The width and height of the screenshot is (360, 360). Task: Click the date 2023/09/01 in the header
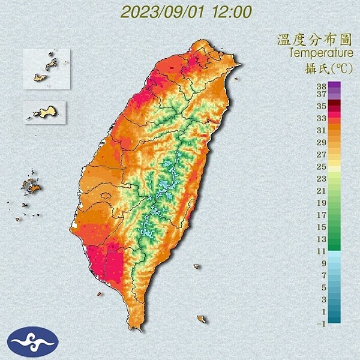165,11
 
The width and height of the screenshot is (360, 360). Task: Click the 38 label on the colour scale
322,85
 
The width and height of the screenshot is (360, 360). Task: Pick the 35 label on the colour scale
322,105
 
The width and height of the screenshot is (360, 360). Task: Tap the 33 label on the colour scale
322,117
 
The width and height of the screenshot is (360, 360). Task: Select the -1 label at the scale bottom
322,324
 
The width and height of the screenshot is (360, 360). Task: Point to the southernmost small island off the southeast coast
201,319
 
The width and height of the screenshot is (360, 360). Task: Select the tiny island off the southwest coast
99,294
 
